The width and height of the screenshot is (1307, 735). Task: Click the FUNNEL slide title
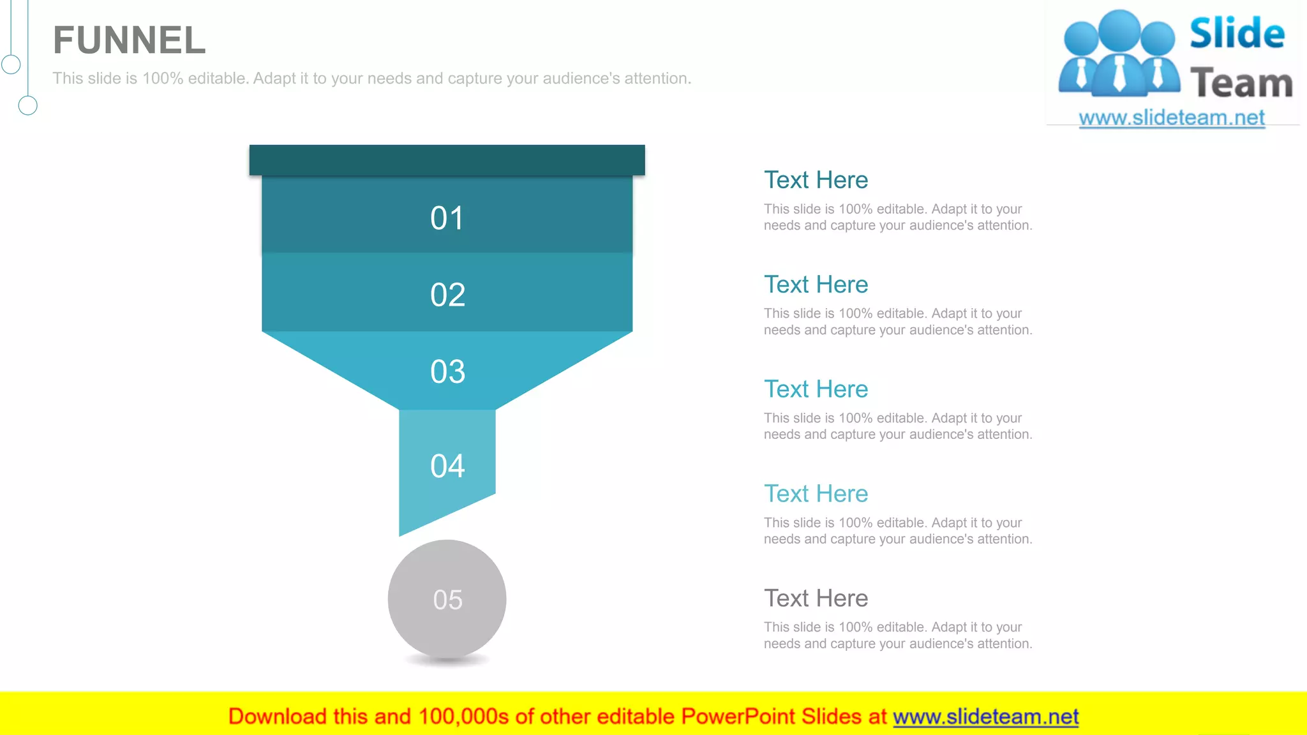point(129,40)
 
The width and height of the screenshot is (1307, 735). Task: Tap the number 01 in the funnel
point(447,218)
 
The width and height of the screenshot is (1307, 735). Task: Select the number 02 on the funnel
point(447,295)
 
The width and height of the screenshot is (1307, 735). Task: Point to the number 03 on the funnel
point(447,371)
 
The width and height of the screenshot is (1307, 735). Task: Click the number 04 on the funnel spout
point(447,466)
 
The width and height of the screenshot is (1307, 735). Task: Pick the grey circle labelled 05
point(447,599)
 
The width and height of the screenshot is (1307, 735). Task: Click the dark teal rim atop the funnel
point(447,160)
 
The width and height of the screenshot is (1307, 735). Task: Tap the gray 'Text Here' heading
point(816,598)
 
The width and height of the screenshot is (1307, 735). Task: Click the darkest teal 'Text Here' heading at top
point(816,180)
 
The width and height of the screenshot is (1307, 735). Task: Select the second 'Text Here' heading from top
point(816,285)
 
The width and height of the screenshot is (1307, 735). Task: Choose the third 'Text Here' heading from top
point(816,389)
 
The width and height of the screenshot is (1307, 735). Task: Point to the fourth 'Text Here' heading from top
point(816,494)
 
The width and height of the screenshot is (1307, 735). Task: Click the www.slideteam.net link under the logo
point(1171,118)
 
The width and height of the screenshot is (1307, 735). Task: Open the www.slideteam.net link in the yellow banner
point(985,717)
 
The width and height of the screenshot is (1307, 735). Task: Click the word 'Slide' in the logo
point(1237,34)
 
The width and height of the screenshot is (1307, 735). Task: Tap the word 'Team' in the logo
point(1241,84)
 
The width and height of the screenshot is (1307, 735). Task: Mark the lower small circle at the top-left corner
point(27,105)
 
